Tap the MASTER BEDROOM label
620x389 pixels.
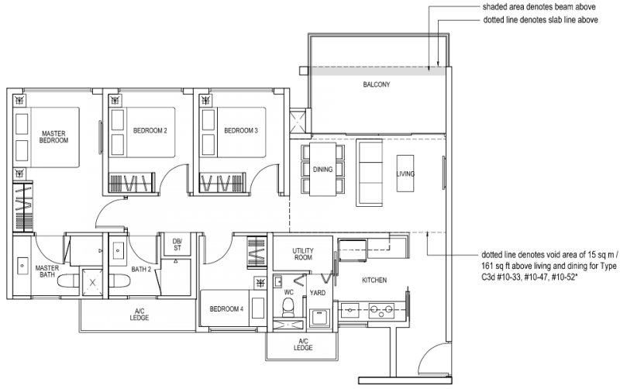pyautogui.click(x=54, y=137)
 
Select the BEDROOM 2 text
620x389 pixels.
pyautogui.click(x=150, y=130)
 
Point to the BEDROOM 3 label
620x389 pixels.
pyautogui.click(x=240, y=130)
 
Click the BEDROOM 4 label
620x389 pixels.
pyautogui.click(x=226, y=309)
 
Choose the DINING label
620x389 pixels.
pyautogui.click(x=322, y=169)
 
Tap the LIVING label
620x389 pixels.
pyautogui.click(x=405, y=174)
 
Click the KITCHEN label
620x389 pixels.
pyautogui.click(x=374, y=280)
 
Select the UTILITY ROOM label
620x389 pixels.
pyautogui.click(x=302, y=254)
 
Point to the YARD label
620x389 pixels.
pyautogui.click(x=318, y=293)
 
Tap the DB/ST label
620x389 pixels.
pyautogui.click(x=177, y=245)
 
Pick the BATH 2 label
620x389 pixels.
pyautogui.click(x=140, y=269)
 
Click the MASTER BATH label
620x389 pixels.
pyautogui.click(x=47, y=272)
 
